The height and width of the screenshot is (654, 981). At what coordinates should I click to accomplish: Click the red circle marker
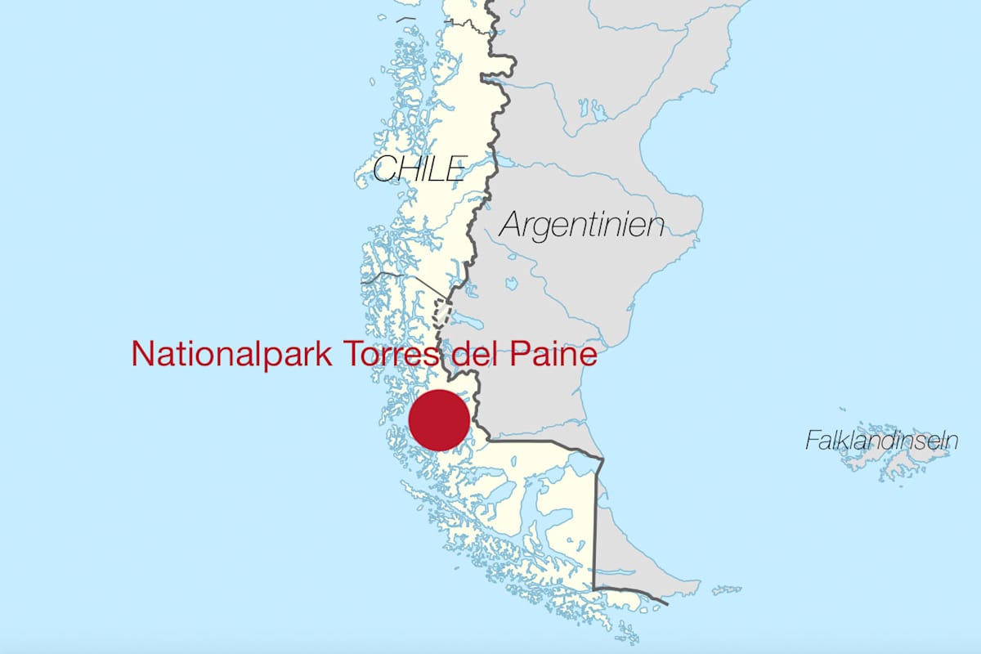point(440,420)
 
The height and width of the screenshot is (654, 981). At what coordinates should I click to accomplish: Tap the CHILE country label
point(419,168)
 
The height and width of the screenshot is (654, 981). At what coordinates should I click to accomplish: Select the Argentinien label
point(581,224)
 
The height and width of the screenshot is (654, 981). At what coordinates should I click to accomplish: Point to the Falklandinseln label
point(881,441)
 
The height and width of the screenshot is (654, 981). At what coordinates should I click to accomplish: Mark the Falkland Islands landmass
point(887,462)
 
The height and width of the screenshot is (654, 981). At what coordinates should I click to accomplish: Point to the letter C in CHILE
point(383,169)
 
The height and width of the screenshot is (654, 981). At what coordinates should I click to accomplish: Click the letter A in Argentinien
point(512,224)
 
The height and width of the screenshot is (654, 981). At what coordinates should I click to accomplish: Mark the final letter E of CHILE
point(456,169)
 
